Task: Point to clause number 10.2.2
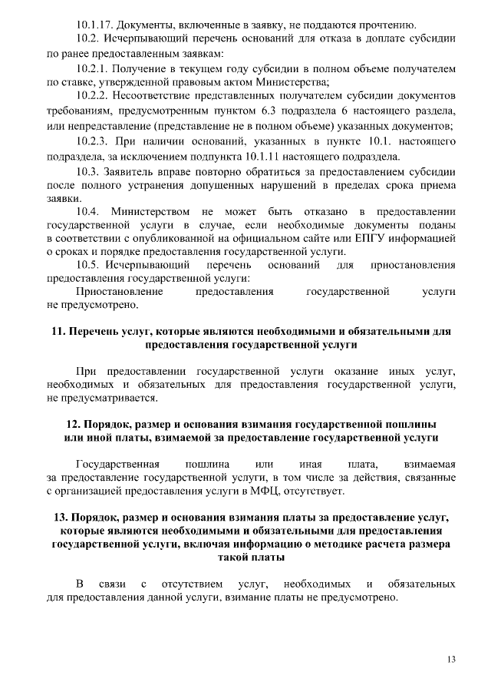[94, 96]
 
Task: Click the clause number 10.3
[88, 170]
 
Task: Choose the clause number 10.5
[88, 265]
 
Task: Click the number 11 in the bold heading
[57, 332]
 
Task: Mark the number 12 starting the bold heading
[72, 424]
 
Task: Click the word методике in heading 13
[366, 544]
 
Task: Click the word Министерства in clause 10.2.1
[294, 81]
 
